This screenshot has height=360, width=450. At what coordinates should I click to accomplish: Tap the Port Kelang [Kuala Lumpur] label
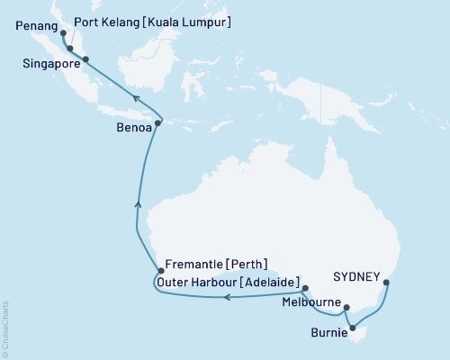click(153, 21)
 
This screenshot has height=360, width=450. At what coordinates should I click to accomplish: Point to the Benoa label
click(131, 127)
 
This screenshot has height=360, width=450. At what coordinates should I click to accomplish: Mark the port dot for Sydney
click(387, 283)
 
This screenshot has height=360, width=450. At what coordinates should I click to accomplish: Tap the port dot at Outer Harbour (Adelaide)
click(304, 289)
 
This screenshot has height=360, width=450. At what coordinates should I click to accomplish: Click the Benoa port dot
click(158, 122)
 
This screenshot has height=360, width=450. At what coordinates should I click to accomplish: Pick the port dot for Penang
click(62, 34)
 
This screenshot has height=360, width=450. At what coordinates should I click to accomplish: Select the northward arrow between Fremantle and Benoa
click(138, 205)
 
